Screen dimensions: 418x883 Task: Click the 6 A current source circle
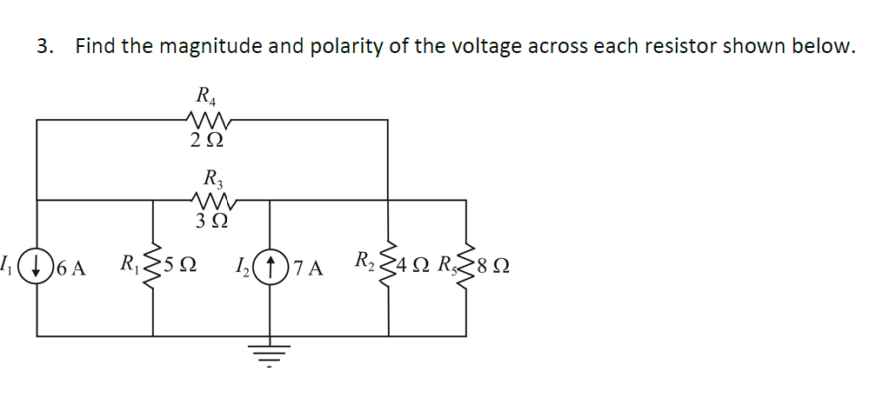[37, 267]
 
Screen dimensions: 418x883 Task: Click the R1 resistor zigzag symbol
[155, 267]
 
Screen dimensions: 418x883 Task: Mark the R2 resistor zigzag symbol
[389, 267]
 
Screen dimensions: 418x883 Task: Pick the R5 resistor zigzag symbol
[467, 267]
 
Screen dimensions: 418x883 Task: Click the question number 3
[43, 47]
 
